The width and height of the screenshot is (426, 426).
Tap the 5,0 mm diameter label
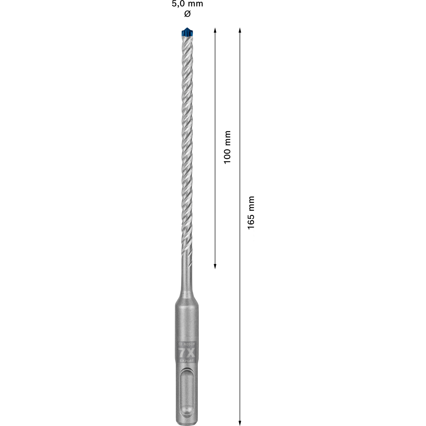187,4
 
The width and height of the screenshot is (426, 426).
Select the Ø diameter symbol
187,14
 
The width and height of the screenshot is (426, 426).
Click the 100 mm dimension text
227,147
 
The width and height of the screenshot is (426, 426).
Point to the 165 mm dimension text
251,213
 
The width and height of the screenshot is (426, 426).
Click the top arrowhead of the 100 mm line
215,30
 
